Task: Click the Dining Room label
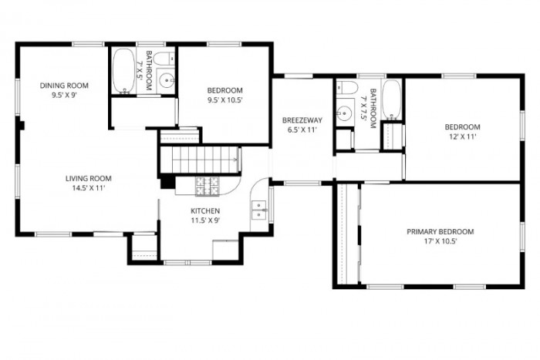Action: pos(65,85)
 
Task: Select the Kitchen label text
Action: pos(206,210)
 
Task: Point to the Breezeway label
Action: pos(302,120)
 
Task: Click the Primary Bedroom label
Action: pos(440,231)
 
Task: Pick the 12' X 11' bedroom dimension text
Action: pos(461,136)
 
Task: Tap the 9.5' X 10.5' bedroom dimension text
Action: pos(225,99)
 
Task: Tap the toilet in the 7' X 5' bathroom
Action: pos(162,59)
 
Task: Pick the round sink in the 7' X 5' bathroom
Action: pos(164,79)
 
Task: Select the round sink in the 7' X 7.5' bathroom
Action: pos(346,107)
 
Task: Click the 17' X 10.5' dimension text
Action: pos(440,241)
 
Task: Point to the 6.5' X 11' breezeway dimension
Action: pos(302,130)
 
